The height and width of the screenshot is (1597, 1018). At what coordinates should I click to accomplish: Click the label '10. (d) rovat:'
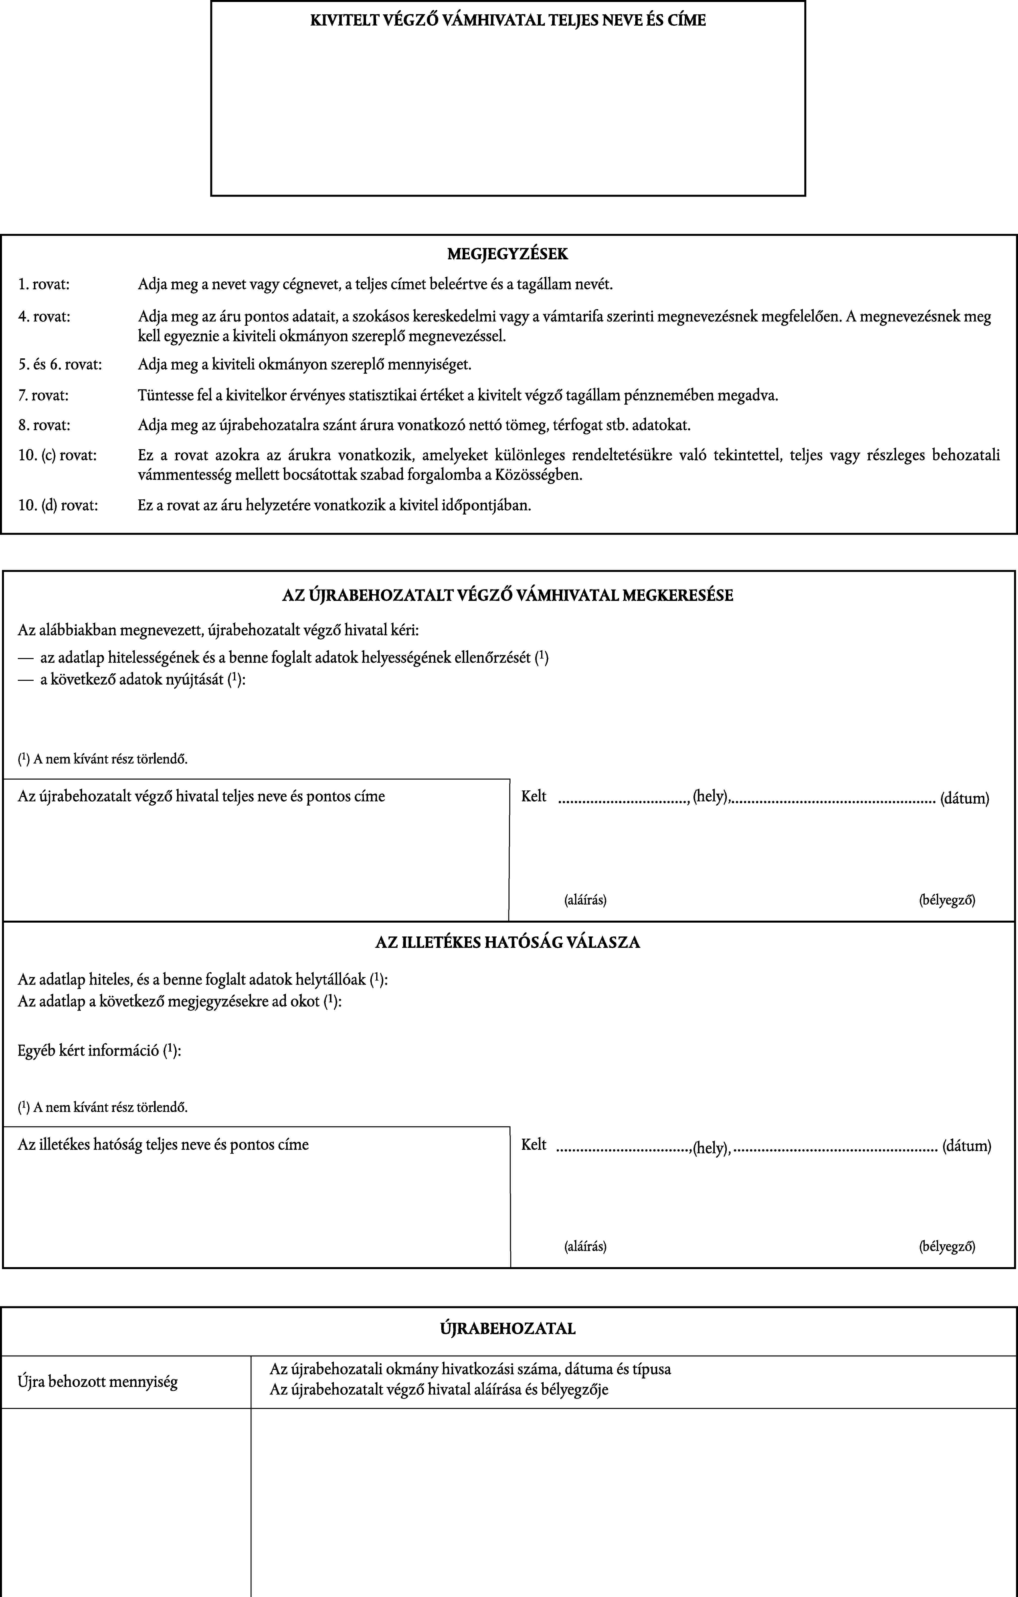click(58, 505)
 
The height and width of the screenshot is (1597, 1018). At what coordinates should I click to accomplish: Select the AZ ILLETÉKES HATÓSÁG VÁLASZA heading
click(508, 942)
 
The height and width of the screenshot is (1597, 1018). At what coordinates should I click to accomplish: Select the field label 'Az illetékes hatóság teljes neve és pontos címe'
click(164, 1145)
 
